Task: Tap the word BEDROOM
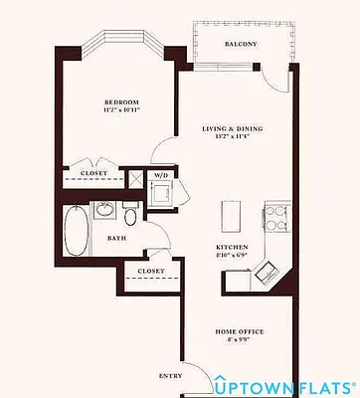122,101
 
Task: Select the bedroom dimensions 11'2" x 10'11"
122,110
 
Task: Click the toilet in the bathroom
130,216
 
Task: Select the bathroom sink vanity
104,210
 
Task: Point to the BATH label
115,239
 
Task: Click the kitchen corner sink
267,266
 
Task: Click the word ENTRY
170,376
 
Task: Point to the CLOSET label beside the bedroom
94,173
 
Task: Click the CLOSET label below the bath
151,271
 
